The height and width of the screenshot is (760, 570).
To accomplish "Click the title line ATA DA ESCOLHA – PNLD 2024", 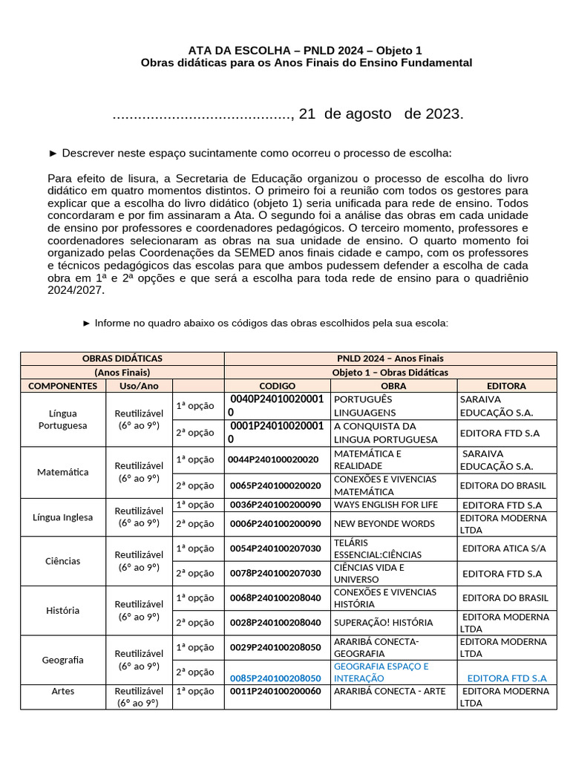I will coord(305,50).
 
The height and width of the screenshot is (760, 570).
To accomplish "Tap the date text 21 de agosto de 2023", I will coord(381,114).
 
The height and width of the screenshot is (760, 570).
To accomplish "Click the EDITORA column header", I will coord(506,386).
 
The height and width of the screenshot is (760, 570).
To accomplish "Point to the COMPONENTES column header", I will coord(62,386).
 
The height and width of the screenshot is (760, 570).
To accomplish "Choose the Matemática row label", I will coord(63,472).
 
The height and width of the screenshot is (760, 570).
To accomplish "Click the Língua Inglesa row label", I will coord(63,517).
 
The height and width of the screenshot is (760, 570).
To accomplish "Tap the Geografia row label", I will coord(63,660).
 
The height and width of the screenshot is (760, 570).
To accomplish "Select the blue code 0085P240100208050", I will coord(275,678).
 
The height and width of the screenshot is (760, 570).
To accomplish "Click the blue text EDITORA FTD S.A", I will coord(507,678).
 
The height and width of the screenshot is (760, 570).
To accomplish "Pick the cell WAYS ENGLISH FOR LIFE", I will coord(384,505).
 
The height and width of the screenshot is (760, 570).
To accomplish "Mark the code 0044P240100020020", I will coord(274,459).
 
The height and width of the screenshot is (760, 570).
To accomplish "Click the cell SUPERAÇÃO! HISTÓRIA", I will coord(383,623).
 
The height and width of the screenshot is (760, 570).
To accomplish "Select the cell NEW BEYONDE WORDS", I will coord(384,523).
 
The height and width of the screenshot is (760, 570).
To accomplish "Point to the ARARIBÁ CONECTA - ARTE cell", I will coord(390,691).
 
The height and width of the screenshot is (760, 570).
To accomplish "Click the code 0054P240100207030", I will coord(275,548).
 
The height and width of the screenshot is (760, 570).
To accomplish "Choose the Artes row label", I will coord(63,691).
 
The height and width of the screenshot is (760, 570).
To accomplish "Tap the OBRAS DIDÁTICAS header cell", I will coord(122,358).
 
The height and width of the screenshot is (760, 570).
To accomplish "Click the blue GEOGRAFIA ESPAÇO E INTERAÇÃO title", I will coord(381,672).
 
